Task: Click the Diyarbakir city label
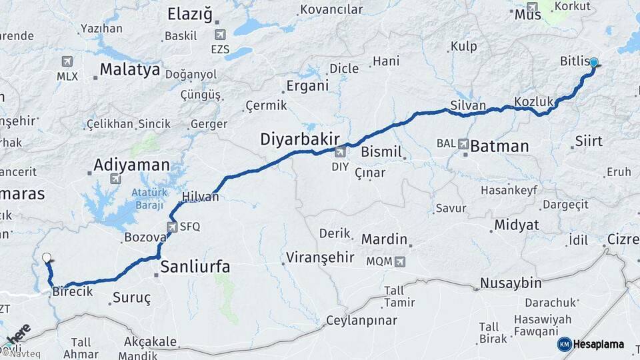(x=299, y=139)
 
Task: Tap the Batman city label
(x=499, y=147)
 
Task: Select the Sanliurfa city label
(x=195, y=267)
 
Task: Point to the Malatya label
(x=130, y=69)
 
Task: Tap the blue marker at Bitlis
(x=593, y=63)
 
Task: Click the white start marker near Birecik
(x=46, y=257)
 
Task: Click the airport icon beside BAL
(x=463, y=143)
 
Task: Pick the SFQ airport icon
(x=172, y=227)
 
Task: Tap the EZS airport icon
(x=220, y=35)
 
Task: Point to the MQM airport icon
(x=399, y=262)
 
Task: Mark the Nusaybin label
(x=511, y=283)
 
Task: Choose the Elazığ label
(x=189, y=14)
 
